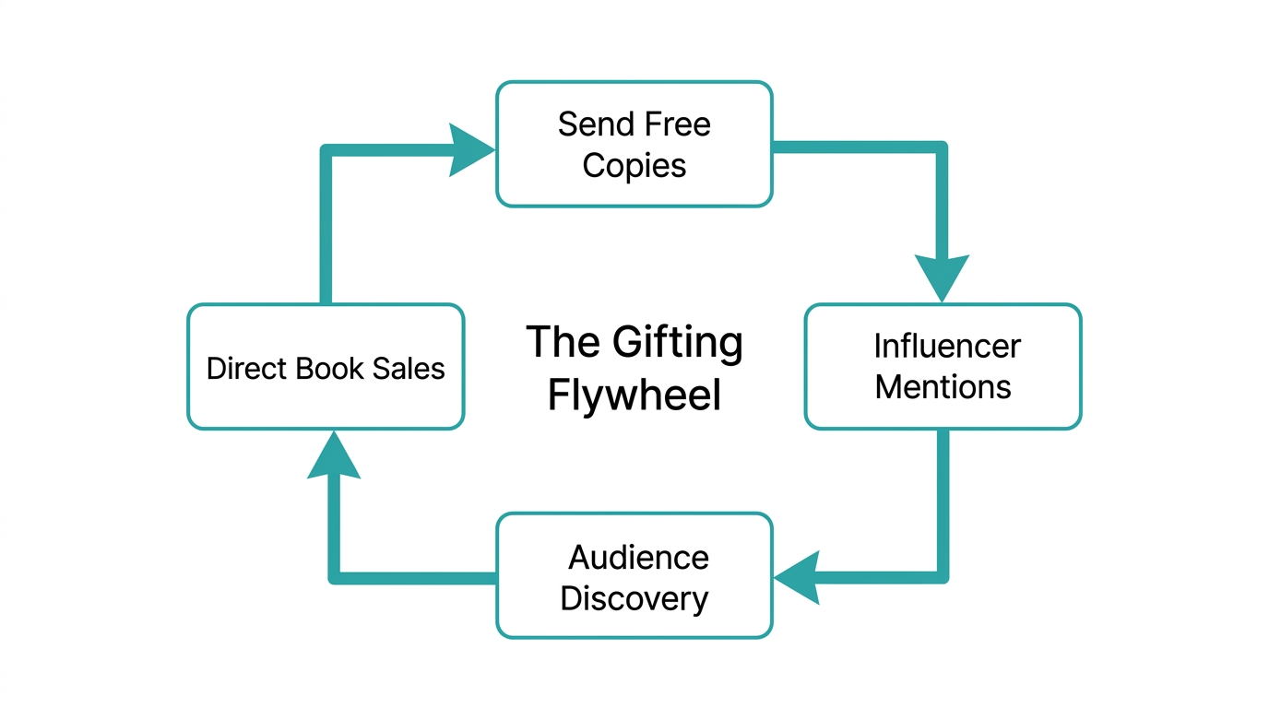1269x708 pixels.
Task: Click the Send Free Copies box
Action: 634,144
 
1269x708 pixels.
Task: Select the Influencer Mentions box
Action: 943,366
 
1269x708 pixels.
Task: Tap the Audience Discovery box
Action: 634,575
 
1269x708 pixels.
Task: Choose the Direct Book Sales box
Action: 326,367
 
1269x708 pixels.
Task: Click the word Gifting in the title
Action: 677,344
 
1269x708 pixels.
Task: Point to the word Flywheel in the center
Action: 634,395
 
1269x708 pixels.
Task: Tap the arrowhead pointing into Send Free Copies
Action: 472,149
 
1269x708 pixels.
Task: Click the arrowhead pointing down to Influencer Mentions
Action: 942,277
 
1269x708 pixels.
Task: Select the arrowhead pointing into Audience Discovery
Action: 797,577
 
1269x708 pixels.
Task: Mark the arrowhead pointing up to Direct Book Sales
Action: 333,456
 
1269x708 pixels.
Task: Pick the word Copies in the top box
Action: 634,166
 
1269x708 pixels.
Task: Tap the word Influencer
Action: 946,347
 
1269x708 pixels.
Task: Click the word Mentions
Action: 943,386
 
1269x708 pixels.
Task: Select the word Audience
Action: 638,558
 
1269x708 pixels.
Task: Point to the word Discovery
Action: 634,598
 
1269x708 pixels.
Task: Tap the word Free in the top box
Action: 676,124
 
